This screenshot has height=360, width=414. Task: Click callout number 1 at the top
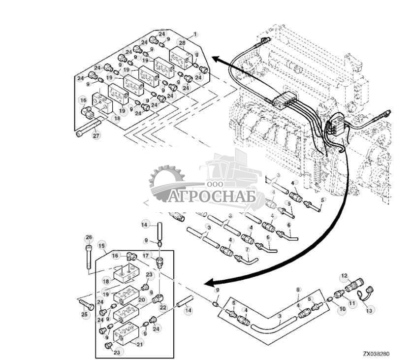[195, 34]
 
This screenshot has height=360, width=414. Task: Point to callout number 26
[89, 238]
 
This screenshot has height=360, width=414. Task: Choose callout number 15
[101, 245]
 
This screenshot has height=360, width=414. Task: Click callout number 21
[139, 344]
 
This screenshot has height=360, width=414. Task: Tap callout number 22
[163, 307]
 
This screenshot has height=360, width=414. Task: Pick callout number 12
[344, 276]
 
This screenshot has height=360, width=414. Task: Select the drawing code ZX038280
[377, 353]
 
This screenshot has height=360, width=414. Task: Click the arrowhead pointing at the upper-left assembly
[216, 59]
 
